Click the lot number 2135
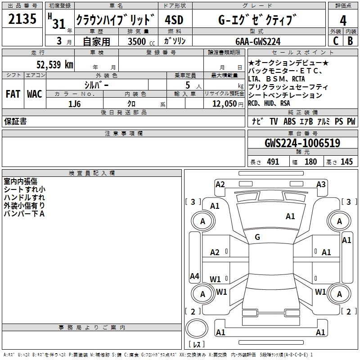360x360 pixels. (x=22, y=19)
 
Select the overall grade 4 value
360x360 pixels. (x=343, y=20)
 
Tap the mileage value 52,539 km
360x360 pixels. (x=55, y=64)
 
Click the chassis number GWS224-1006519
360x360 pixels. (x=302, y=143)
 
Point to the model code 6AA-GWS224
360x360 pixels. (x=258, y=41)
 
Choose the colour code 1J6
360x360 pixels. (x=74, y=104)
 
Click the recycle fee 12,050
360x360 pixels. (x=224, y=104)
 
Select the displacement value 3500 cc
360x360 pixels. (x=141, y=41)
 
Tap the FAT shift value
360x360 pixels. (x=13, y=94)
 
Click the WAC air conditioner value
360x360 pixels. (x=35, y=94)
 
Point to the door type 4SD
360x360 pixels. (x=174, y=20)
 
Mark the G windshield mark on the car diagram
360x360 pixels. (x=257, y=237)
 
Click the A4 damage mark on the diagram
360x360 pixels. (x=194, y=276)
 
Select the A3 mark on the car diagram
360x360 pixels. (x=321, y=184)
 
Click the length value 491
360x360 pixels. (x=273, y=162)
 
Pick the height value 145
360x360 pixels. (x=346, y=162)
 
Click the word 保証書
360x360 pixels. (x=15, y=121)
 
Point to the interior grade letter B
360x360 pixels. (x=350, y=41)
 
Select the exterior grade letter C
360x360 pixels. (x=336, y=41)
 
